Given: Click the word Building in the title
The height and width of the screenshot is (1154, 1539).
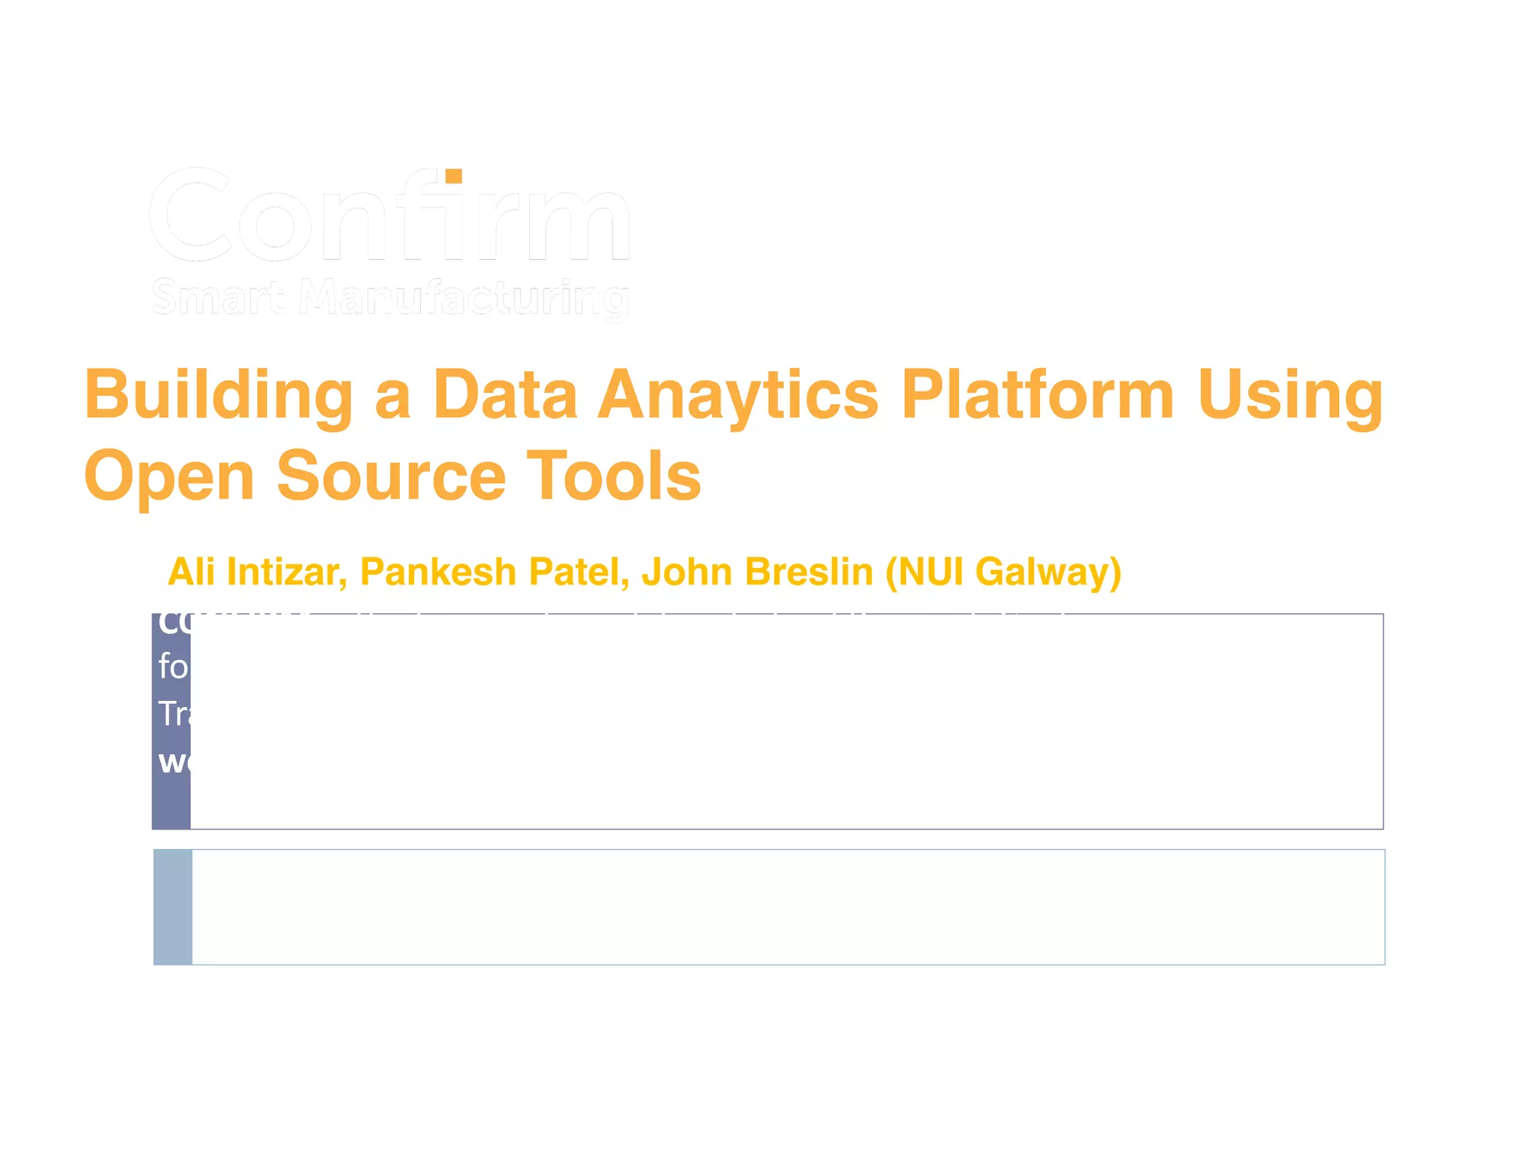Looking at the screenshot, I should point(218,396).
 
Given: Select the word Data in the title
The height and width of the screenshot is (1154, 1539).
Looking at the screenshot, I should point(504,396).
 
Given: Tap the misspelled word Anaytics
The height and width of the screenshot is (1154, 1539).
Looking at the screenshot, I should point(738,396).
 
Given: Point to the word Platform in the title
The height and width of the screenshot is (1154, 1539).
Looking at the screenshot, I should point(1038,396).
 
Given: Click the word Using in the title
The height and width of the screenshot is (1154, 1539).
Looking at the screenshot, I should point(1290,396).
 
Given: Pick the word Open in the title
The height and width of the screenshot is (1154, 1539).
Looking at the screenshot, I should point(169,477).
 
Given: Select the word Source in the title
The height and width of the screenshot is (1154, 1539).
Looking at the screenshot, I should point(392,477).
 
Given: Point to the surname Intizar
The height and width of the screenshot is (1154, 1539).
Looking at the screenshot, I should point(286,572).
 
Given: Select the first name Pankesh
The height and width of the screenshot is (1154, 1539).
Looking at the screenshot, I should point(437,572).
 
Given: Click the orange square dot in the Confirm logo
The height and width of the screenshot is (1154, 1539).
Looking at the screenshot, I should point(453,177).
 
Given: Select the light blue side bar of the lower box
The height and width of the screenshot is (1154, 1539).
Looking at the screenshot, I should point(173,907).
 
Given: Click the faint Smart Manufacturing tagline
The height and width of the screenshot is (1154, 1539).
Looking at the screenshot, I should point(390,298).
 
